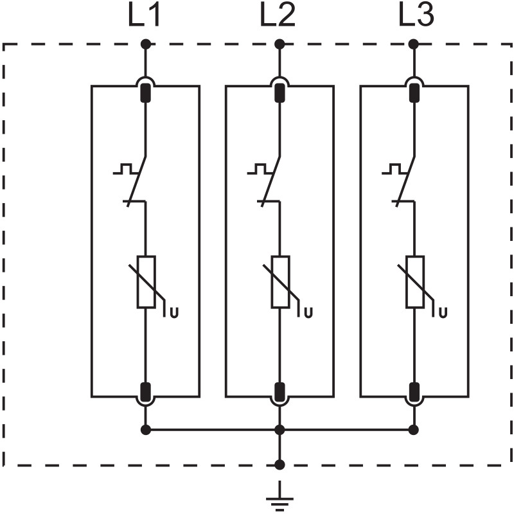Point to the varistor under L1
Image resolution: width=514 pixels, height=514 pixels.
click(x=146, y=282)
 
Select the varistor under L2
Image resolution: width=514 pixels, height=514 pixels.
click(x=279, y=282)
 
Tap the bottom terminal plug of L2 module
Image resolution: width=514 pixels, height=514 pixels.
click(x=279, y=391)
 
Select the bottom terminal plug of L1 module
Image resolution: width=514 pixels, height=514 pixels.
click(x=146, y=391)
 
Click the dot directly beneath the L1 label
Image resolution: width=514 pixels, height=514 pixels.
click(x=146, y=44)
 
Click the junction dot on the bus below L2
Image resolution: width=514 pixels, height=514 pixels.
click(x=279, y=429)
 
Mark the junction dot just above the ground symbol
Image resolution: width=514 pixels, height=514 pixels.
click(x=279, y=464)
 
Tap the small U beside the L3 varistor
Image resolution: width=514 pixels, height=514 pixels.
click(x=443, y=314)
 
